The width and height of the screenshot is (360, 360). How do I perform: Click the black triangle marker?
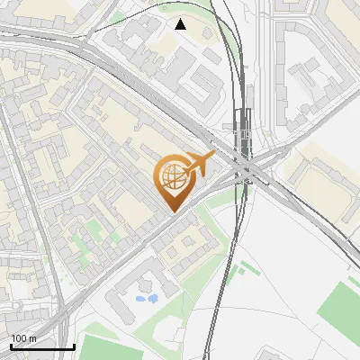point(181,24)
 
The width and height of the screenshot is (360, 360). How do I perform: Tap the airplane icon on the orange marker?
point(199,165)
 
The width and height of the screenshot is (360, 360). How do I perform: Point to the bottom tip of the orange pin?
point(171,212)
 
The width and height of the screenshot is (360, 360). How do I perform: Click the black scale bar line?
point(42,346)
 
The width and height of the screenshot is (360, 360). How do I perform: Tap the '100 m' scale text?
point(23,338)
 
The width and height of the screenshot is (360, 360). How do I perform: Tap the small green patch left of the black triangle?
point(118,16)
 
